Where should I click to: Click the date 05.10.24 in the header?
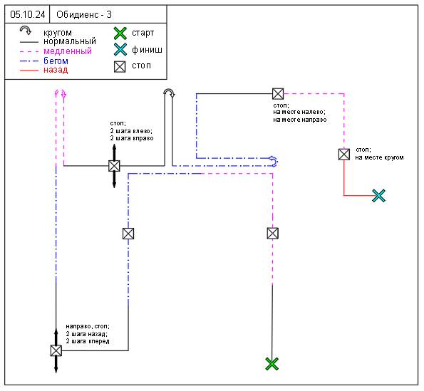(x=28, y=14)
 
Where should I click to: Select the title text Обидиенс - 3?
(x=84, y=14)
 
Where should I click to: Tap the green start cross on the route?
(x=272, y=364)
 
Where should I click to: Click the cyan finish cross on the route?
(x=378, y=196)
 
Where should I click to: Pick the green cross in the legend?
(x=120, y=33)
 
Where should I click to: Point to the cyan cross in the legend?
(x=120, y=49)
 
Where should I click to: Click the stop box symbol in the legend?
(x=120, y=66)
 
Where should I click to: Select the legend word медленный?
(x=68, y=51)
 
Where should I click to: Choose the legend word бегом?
(x=56, y=61)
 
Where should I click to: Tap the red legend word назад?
(x=56, y=70)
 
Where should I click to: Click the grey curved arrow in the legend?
(x=26, y=29)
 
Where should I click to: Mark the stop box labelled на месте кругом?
(x=344, y=155)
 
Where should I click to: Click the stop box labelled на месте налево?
(x=278, y=94)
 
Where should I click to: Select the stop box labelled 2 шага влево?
(x=114, y=166)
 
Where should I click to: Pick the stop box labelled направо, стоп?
(x=56, y=350)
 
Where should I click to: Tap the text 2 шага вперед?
(x=88, y=341)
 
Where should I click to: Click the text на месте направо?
(x=300, y=120)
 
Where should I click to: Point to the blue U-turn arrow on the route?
(x=274, y=162)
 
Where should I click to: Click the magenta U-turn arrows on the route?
(x=61, y=93)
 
